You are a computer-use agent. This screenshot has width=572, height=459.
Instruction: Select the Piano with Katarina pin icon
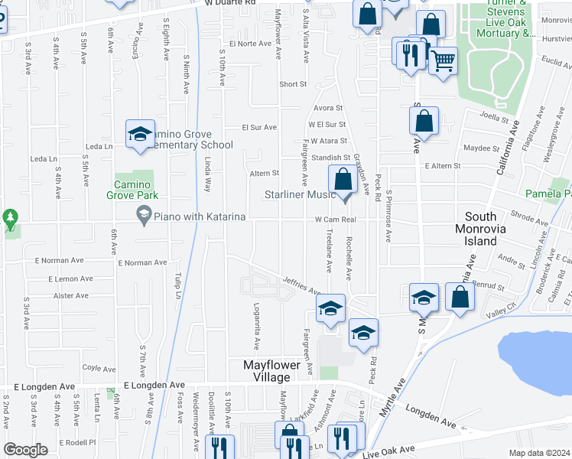coord(143,216)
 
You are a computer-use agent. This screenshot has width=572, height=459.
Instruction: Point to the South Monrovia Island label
coord(486,229)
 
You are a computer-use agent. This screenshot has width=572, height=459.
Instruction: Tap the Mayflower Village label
coord(279,371)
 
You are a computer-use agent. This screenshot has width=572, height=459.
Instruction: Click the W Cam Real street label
coord(336,220)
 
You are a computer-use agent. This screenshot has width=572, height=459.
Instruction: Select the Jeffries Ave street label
coord(302,286)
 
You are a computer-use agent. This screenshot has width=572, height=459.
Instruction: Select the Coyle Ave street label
coord(99,368)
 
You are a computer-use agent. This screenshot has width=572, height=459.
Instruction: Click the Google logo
coord(26,450)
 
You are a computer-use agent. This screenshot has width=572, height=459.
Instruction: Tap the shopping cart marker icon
coord(444,60)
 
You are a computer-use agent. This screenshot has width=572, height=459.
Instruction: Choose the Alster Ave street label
coord(70,295)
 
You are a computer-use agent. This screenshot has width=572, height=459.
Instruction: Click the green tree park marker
coord(10,219)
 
